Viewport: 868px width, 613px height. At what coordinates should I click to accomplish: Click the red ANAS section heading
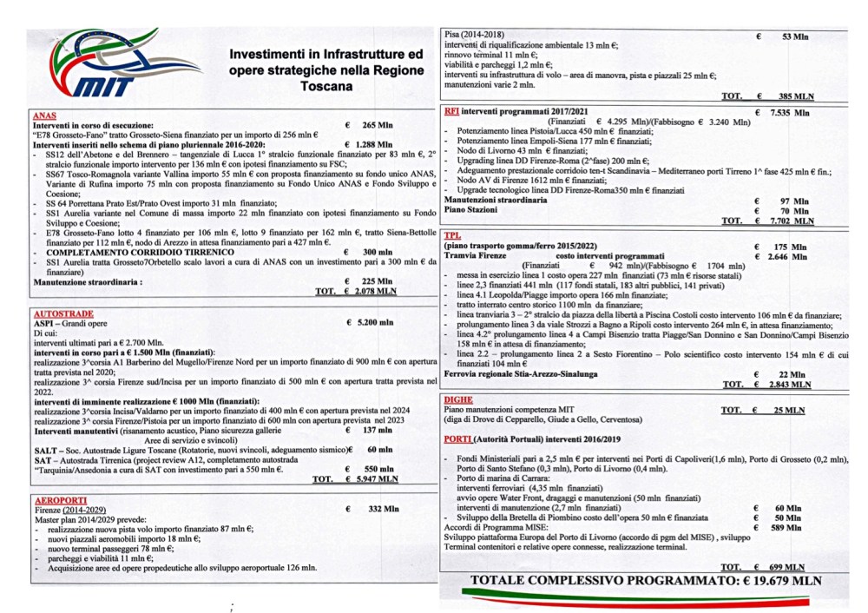click(x=45, y=115)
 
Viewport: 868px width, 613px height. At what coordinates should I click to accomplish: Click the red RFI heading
click(x=451, y=111)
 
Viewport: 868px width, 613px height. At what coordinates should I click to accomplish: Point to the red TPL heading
click(x=452, y=236)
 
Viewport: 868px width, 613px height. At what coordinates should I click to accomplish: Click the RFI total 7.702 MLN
click(x=792, y=221)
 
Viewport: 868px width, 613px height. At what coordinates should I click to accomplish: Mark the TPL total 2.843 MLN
click(x=792, y=384)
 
